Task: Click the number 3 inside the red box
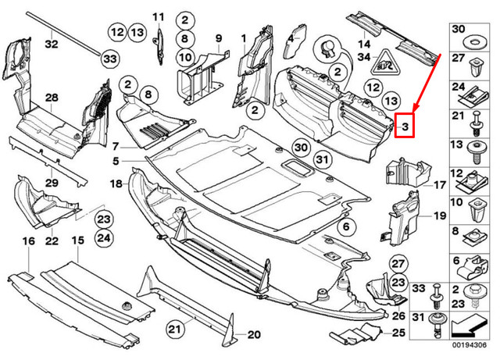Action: click(x=406, y=124)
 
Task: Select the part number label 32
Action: click(x=52, y=45)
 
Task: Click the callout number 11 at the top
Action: click(x=159, y=16)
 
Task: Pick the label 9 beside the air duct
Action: click(x=219, y=38)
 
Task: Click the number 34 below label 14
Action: click(x=364, y=56)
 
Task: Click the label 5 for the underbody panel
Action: click(x=115, y=162)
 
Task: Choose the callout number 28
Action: click(x=52, y=98)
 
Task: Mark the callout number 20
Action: click(x=253, y=336)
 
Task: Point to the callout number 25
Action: click(x=398, y=333)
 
